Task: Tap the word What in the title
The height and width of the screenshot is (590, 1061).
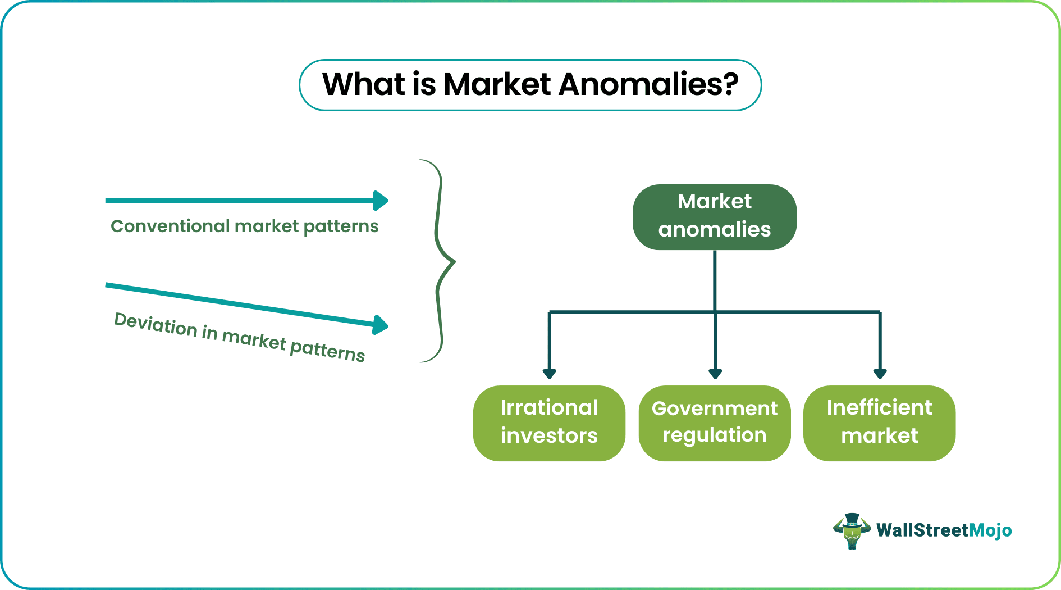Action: pyautogui.click(x=364, y=85)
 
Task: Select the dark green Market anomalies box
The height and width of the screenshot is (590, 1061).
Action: pyautogui.click(x=714, y=217)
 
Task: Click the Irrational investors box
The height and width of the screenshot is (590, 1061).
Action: pyautogui.click(x=549, y=423)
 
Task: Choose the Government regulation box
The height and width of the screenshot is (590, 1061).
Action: pyautogui.click(x=714, y=423)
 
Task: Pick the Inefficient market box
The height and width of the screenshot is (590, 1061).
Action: pyautogui.click(x=879, y=423)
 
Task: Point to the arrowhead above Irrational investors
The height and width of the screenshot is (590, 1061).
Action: pyautogui.click(x=549, y=374)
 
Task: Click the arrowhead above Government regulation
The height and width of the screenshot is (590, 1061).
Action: pyautogui.click(x=715, y=374)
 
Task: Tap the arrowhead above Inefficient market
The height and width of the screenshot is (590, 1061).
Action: pyautogui.click(x=880, y=374)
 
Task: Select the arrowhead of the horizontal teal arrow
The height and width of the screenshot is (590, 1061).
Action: pyautogui.click(x=381, y=201)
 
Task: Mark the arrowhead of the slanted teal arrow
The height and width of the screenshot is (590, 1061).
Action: pyautogui.click(x=381, y=325)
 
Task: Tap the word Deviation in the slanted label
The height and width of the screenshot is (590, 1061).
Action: pyautogui.click(x=156, y=325)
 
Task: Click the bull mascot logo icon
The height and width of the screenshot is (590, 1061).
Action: pyautogui.click(x=851, y=530)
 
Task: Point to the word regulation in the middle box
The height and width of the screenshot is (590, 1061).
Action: pyautogui.click(x=714, y=435)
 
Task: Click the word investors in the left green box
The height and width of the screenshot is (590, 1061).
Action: pyautogui.click(x=549, y=436)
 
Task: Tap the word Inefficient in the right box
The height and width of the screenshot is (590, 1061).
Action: pyautogui.click(x=879, y=408)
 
